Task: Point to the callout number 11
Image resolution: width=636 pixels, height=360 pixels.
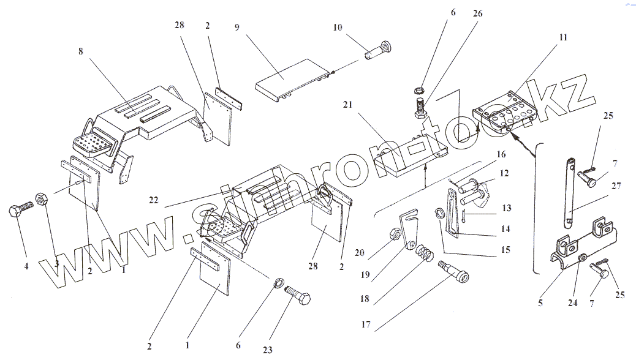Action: click(562, 37)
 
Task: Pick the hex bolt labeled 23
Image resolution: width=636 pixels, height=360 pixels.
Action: click(300, 300)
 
